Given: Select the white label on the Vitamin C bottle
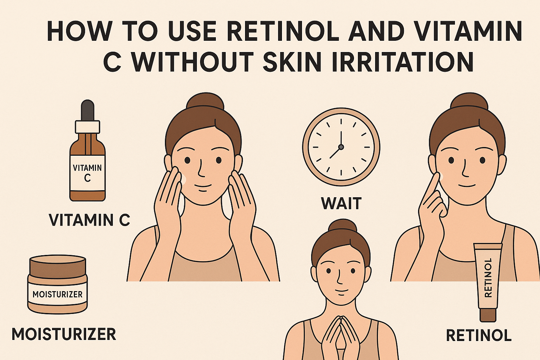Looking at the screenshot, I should pyautogui.click(x=88, y=173).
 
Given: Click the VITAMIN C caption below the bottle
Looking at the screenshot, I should pyautogui.click(x=89, y=220).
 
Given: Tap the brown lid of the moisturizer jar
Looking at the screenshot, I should pyautogui.click(x=58, y=266).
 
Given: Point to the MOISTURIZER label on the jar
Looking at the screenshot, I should pyautogui.click(x=58, y=294).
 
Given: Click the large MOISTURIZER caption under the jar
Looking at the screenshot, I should pyautogui.click(x=64, y=334).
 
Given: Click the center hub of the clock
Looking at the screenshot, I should pyautogui.click(x=341, y=147).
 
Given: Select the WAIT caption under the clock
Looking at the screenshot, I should pyautogui.click(x=341, y=204).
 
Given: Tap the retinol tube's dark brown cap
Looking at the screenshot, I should pyautogui.click(x=488, y=315).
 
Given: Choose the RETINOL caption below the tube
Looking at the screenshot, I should pyautogui.click(x=478, y=335).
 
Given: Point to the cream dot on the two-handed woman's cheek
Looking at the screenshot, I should pyautogui.click(x=183, y=179).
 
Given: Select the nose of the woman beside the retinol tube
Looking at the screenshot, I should pyautogui.click(x=465, y=170).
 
